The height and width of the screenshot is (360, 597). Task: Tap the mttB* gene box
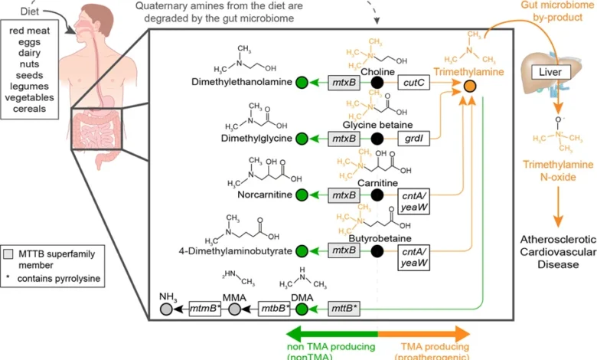[x=344, y=309]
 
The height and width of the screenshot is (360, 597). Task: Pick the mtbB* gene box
[x=274, y=309]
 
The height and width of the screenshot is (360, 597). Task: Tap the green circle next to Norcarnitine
[x=302, y=195]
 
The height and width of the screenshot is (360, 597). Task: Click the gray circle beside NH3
[x=166, y=309]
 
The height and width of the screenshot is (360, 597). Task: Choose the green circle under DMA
[x=302, y=309]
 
